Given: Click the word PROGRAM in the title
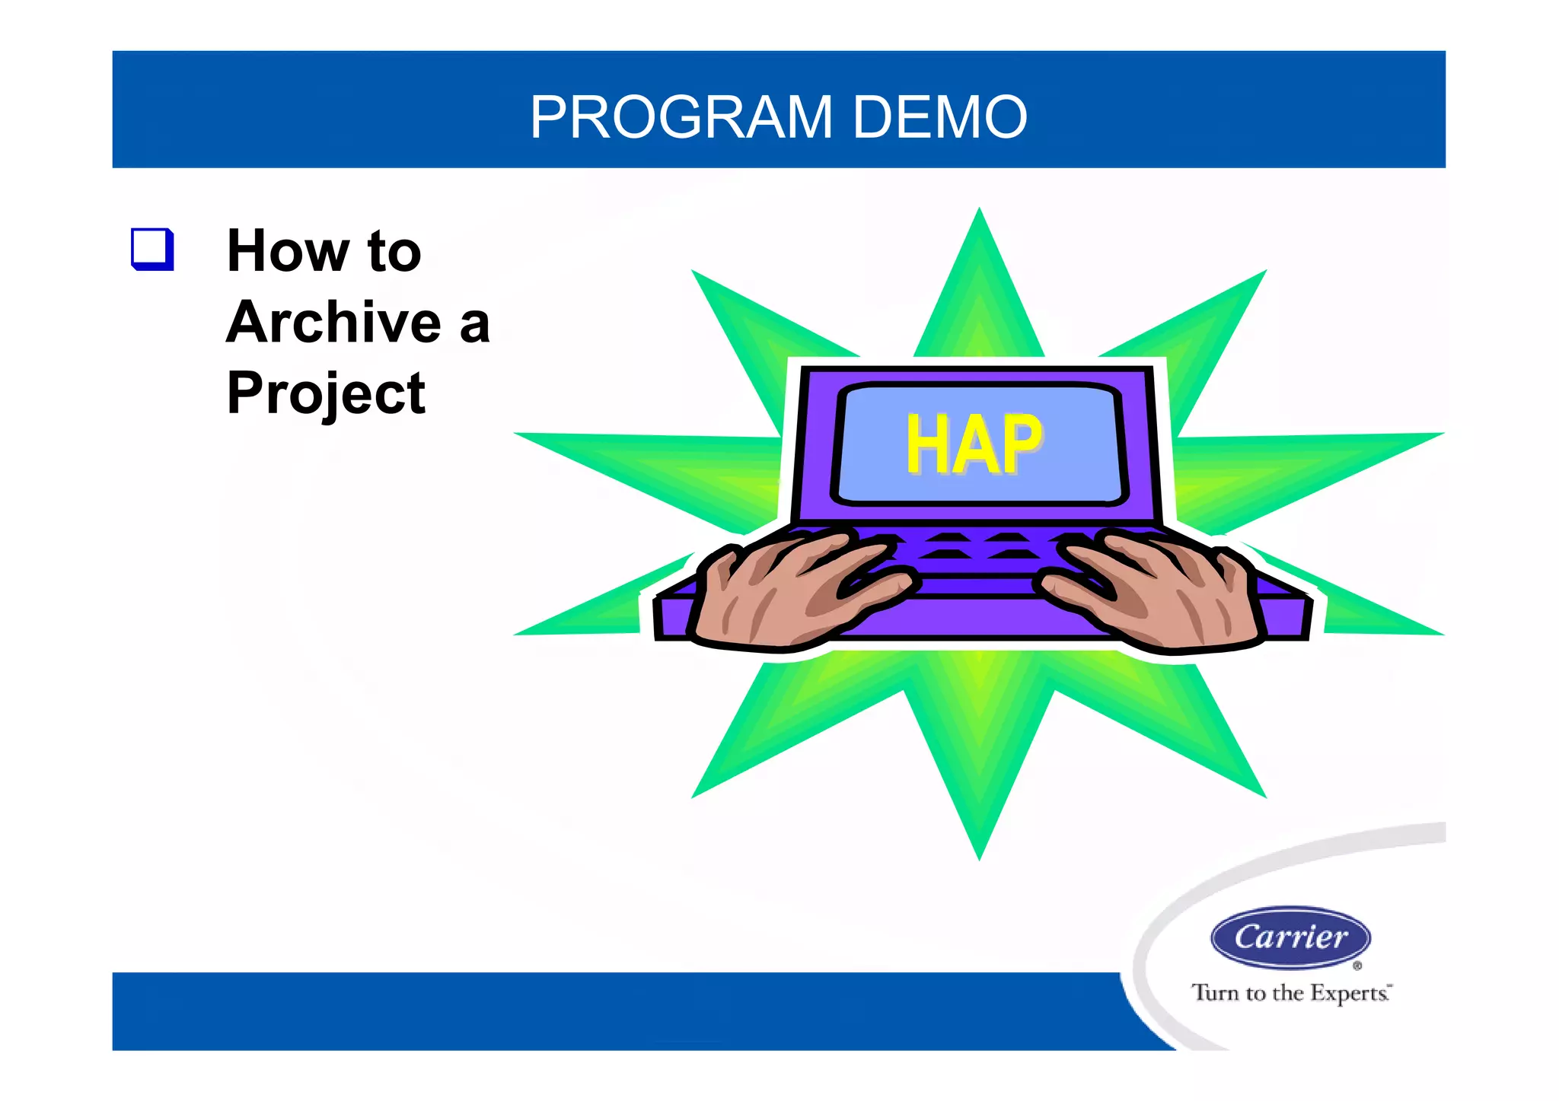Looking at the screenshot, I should [681, 118].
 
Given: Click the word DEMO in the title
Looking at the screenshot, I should [940, 118].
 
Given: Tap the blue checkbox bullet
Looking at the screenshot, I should [152, 249].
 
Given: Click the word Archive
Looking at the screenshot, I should [333, 322].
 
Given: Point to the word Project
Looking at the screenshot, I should [326, 393].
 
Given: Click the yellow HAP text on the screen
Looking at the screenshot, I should [974, 445].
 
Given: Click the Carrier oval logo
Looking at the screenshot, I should [1290, 937].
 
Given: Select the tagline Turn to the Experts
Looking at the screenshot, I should [1290, 993].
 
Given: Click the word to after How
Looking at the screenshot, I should [394, 251].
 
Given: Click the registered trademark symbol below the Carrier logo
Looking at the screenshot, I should [1357, 966].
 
